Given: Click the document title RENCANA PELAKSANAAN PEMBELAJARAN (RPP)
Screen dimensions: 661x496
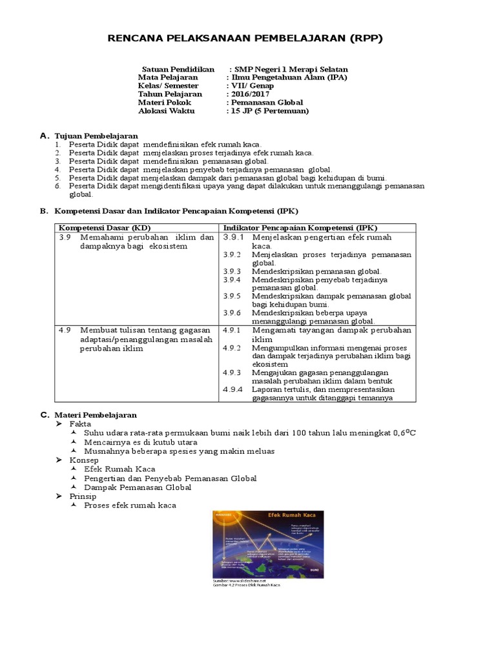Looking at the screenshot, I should [x=245, y=39].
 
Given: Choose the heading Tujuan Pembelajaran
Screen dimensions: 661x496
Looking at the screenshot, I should [x=96, y=136].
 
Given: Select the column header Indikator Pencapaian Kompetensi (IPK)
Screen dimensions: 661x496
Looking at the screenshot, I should [x=300, y=228].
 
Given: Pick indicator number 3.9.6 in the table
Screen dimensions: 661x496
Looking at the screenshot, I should [x=232, y=312].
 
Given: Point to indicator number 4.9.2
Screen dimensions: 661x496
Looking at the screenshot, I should [x=232, y=348].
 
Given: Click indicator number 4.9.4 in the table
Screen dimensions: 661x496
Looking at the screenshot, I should [x=232, y=389].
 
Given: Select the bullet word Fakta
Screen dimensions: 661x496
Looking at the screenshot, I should [x=80, y=423].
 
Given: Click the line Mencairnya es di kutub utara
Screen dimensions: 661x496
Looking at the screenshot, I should [x=140, y=442].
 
